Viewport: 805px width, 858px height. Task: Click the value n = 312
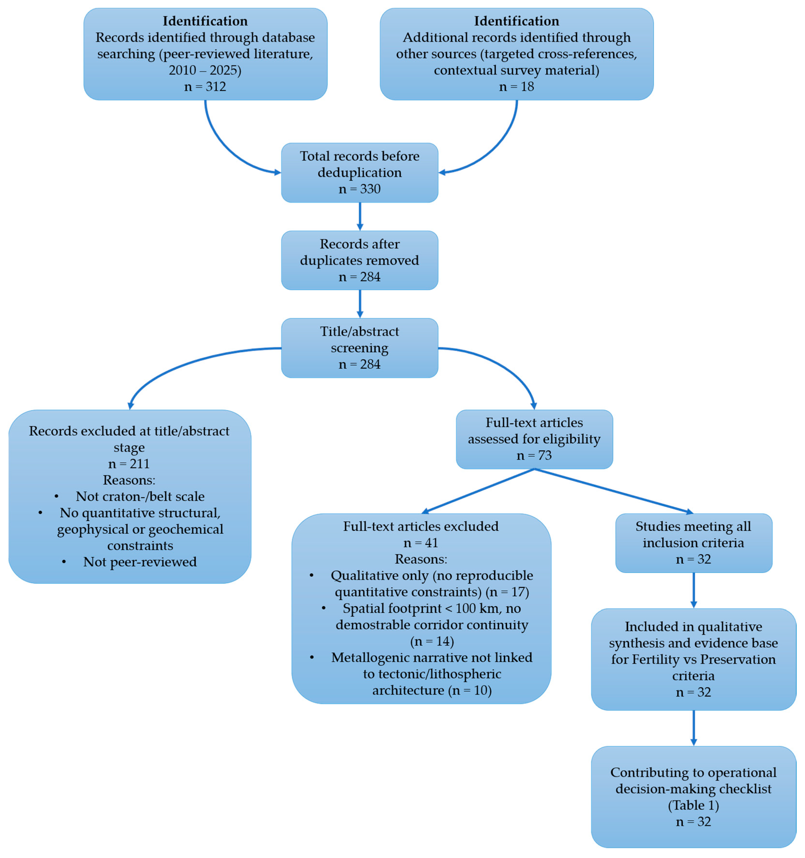click(205, 87)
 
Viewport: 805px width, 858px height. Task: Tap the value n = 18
click(516, 87)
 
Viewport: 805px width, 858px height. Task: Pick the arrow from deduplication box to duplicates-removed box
click(360, 216)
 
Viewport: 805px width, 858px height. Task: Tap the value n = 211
click(129, 464)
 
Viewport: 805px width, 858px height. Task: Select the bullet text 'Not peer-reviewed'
click(140, 562)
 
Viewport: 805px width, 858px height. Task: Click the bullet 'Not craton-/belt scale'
click(140, 496)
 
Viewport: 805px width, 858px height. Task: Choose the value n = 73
click(534, 455)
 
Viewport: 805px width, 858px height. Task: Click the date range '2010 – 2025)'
click(205, 70)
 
